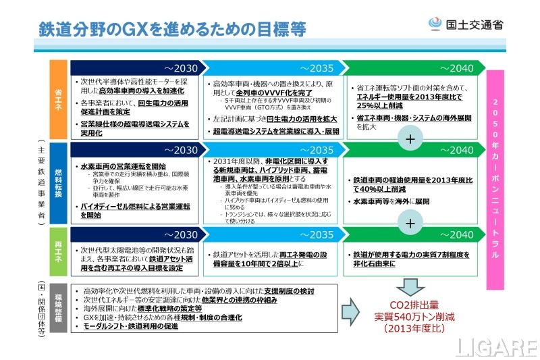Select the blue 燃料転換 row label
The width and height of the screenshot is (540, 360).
59,183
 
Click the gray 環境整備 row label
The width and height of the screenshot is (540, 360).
59,308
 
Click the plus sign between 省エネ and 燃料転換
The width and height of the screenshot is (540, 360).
410,139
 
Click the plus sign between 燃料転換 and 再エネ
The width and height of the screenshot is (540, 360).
410,222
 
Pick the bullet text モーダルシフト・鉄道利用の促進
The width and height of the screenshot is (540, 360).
131,327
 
